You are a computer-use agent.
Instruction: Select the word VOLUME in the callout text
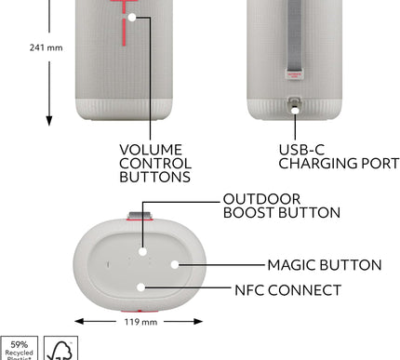[151, 149]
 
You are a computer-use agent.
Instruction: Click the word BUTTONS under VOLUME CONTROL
[154, 177]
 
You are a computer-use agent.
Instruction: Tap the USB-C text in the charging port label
[300, 149]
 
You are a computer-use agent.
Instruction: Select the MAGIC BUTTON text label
[324, 265]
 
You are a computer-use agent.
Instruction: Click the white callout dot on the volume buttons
[133, 17]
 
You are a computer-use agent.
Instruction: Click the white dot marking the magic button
[173, 265]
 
